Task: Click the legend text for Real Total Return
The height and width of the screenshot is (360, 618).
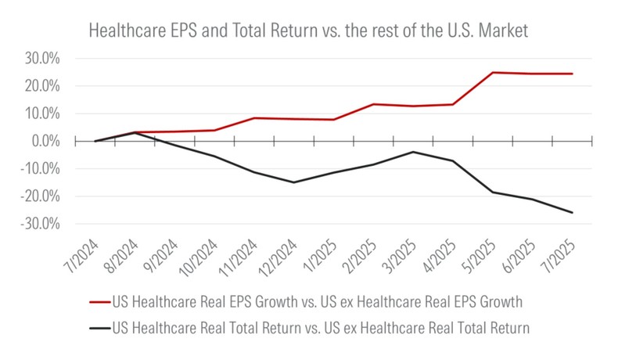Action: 321,329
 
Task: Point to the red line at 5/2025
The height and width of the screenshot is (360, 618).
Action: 493,73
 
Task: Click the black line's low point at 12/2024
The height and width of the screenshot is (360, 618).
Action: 293,182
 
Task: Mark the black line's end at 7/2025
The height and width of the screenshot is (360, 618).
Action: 572,212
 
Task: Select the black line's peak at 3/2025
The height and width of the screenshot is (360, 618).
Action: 413,152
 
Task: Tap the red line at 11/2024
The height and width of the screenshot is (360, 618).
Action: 253,118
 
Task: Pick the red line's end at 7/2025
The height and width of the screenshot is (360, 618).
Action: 572,74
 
